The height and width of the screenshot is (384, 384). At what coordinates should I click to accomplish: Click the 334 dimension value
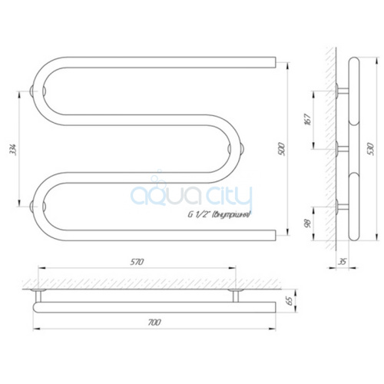(x=13, y=149)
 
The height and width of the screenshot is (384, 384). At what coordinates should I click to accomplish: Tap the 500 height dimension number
(x=281, y=149)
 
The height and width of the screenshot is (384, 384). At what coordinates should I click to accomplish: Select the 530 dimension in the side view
(x=372, y=149)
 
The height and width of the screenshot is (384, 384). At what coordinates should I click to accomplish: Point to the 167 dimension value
(x=308, y=119)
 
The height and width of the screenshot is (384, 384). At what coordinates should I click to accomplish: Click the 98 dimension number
(x=308, y=223)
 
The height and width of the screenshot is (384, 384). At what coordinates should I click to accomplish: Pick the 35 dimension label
(x=343, y=262)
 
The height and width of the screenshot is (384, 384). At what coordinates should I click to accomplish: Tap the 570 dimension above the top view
(x=137, y=262)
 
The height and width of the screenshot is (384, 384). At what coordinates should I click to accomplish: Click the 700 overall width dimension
(x=154, y=323)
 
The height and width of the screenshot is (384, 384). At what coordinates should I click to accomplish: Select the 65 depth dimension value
(x=290, y=301)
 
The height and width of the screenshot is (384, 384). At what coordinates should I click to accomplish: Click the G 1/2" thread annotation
(x=219, y=214)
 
